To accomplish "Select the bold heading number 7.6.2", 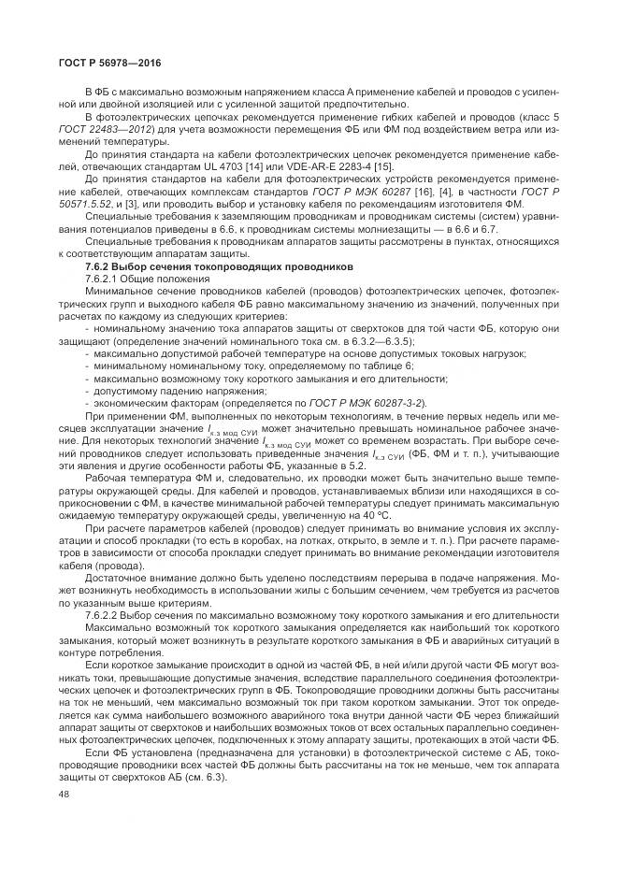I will point(101,266).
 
